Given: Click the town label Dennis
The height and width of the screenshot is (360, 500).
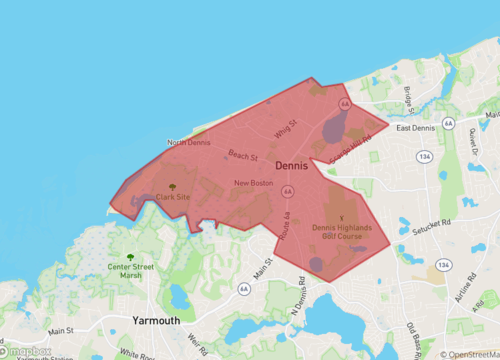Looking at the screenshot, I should (291, 167).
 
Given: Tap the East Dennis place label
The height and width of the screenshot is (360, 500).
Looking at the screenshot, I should (417, 128).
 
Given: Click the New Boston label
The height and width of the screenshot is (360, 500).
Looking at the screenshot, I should (254, 183).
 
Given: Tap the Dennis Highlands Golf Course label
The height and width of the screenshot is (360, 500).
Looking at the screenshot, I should (341, 232).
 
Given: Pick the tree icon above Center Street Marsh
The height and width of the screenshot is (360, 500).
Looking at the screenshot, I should (131, 231).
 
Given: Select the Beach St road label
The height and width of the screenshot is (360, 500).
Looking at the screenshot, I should (243, 156).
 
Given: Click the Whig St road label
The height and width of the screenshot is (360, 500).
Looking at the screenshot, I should (286, 129).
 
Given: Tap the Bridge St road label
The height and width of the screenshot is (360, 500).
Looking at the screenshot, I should (409, 97).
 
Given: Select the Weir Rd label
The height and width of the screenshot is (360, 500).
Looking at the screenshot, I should (197, 346).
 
